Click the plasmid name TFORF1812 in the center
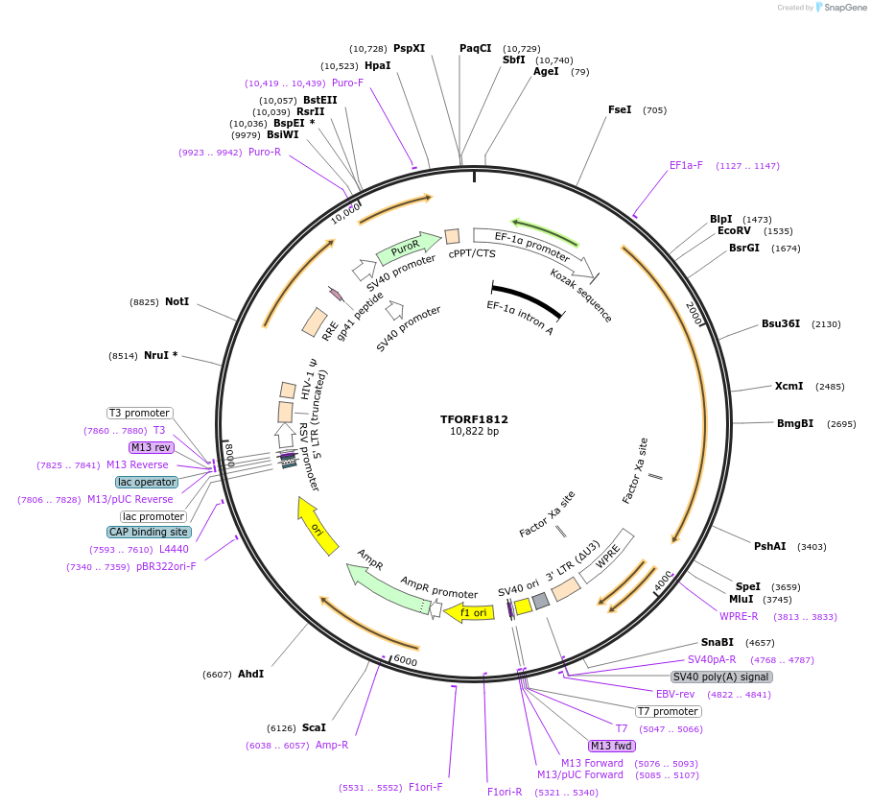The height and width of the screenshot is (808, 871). click(474, 419)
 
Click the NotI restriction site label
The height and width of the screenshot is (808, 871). click(177, 301)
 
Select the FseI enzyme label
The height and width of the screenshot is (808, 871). click(620, 109)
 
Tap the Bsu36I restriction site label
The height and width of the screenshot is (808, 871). click(780, 323)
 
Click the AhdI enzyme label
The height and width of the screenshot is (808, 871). click(250, 674)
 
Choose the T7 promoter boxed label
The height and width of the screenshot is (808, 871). click(669, 711)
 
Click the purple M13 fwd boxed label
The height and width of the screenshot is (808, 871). click(612, 746)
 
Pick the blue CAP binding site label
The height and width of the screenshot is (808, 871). click(149, 532)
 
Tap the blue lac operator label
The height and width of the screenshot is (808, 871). click(147, 482)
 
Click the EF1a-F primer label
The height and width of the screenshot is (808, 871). click(686, 165)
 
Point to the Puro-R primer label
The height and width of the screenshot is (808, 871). click(265, 152)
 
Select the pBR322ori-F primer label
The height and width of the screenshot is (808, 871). click(166, 566)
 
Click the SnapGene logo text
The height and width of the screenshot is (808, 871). click(841, 8)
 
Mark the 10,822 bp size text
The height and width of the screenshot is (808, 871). click(474, 432)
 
